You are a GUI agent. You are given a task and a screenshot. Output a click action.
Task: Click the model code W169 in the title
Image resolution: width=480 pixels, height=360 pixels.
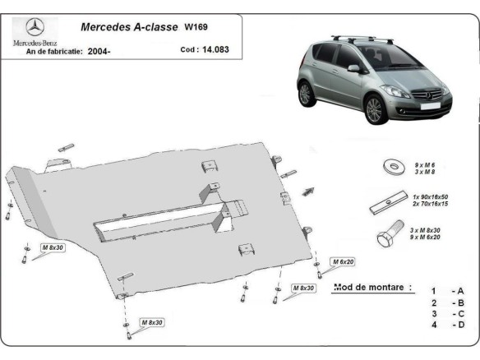(x=196, y=26)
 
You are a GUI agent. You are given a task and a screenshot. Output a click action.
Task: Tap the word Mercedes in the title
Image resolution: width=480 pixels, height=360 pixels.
(x=104, y=26)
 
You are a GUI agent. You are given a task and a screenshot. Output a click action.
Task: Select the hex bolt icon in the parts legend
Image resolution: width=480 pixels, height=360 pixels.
(x=388, y=235)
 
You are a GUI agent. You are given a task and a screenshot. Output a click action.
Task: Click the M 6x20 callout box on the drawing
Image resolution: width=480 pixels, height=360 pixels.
(x=342, y=261)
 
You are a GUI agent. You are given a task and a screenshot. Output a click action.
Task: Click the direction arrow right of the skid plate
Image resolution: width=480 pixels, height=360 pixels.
(x=307, y=191)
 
